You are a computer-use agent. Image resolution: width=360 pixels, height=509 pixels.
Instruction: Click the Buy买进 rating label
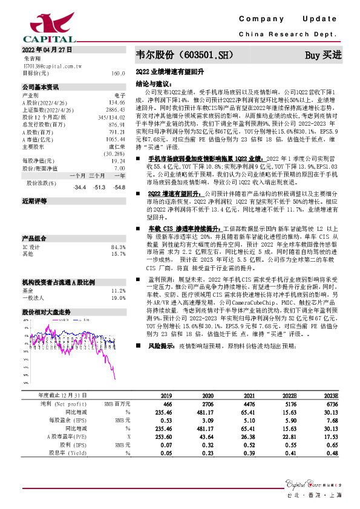pos(323,55)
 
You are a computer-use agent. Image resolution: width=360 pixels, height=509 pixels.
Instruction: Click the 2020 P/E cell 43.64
pos(206,436)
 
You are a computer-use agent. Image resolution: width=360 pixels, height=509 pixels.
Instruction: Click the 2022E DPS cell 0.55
pos(290,444)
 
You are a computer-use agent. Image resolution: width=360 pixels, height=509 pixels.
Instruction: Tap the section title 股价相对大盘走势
pos(47,312)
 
